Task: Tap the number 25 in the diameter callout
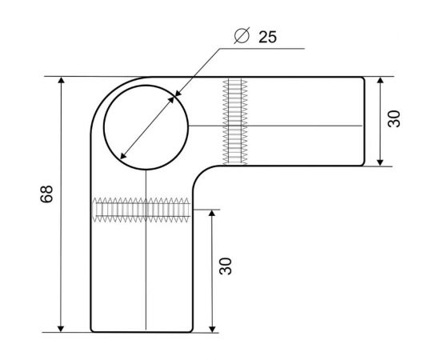pyautogui.click(x=270, y=37)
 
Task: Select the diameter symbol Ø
pyautogui.click(x=242, y=37)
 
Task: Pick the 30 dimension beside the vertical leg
pyautogui.click(x=226, y=266)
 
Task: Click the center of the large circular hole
pyautogui.click(x=146, y=126)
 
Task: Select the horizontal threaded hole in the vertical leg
pyautogui.click(x=143, y=210)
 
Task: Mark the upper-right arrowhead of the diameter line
pyautogui.click(x=174, y=98)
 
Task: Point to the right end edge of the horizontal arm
pyautogui.click(x=365, y=122)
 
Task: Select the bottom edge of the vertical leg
pyautogui.click(x=144, y=331)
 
